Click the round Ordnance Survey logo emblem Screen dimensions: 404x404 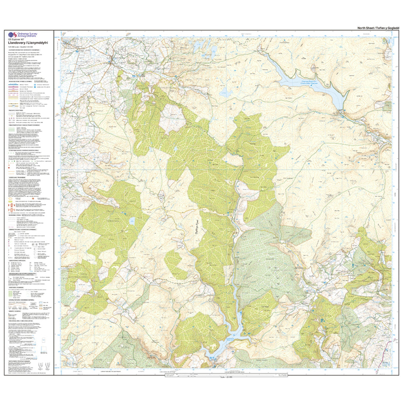[12, 36]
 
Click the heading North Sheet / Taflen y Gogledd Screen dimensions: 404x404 [378, 28]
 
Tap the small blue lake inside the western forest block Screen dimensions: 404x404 [132, 220]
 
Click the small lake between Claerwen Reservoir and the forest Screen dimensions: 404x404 [227, 93]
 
